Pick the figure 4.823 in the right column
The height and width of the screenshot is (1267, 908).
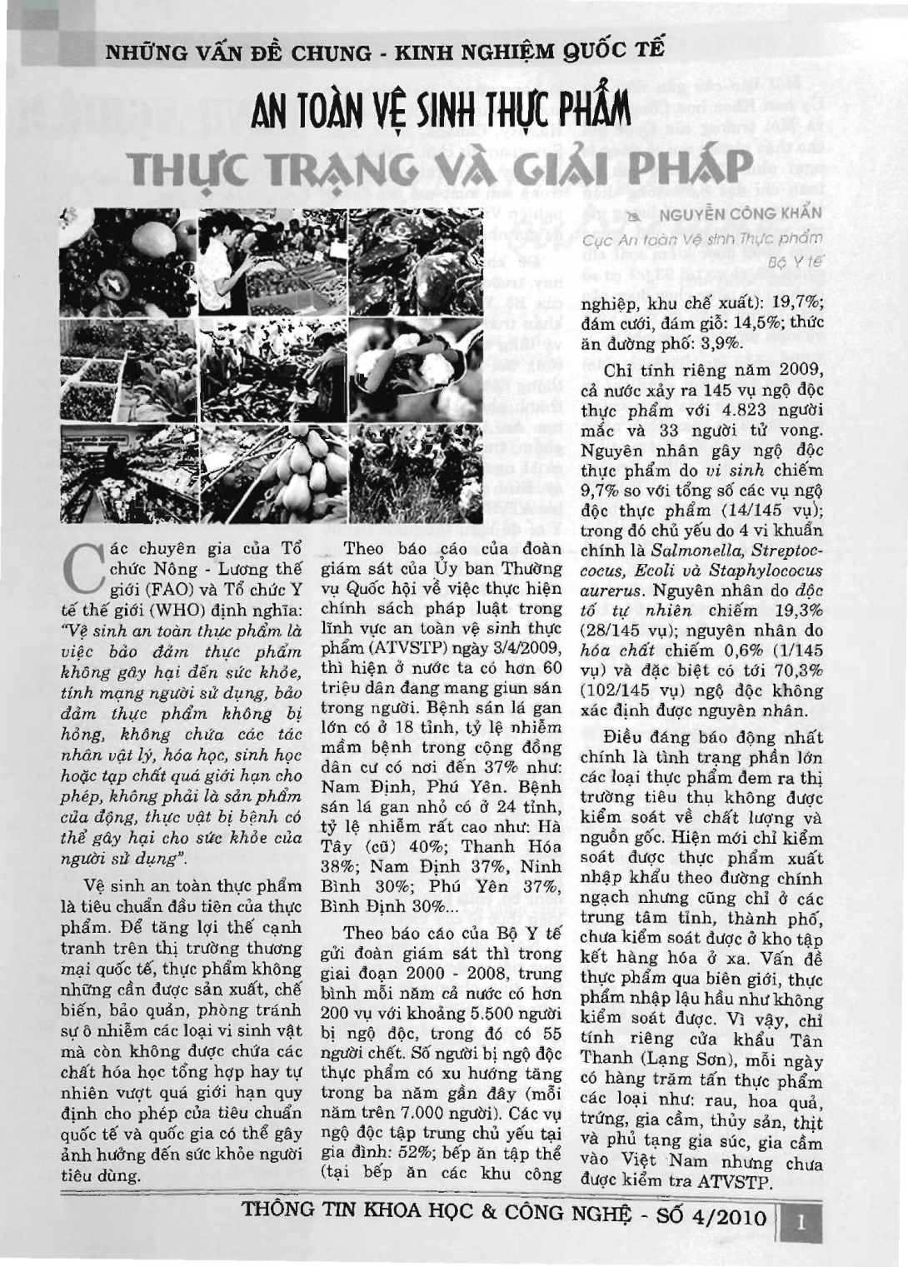(x=719, y=411)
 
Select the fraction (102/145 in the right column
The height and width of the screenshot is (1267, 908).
(x=617, y=691)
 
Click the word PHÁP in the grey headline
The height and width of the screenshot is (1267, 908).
(x=674, y=167)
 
